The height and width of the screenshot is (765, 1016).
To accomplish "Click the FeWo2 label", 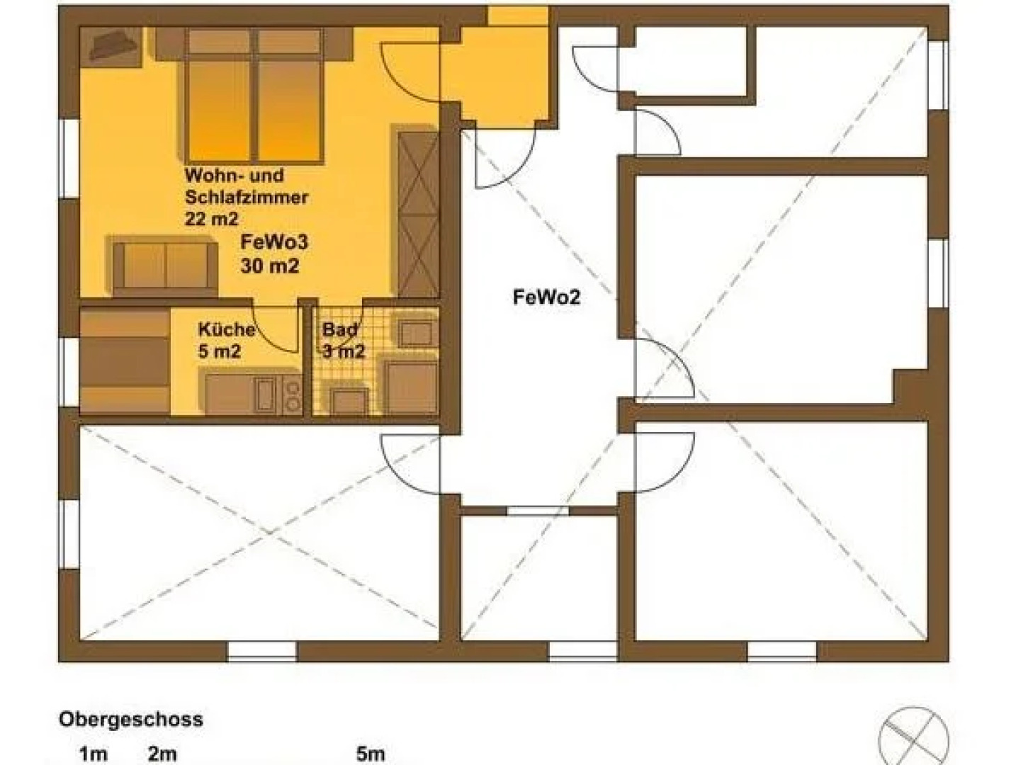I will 546,297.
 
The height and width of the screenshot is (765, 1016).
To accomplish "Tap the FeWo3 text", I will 274,242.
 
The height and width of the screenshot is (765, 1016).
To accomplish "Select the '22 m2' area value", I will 211,219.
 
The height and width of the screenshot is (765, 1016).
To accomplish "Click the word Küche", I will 226,329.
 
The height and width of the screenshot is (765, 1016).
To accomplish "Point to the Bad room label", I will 339,329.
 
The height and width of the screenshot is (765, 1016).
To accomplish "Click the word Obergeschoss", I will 131,720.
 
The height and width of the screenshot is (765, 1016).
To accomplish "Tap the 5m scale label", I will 371,754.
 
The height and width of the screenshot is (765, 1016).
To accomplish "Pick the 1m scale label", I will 94,754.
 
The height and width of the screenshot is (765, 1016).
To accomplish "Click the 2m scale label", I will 162,754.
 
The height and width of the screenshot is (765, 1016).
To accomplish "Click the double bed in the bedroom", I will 254,99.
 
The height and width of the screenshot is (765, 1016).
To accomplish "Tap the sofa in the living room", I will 164,266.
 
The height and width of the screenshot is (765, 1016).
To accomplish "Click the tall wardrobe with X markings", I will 418,212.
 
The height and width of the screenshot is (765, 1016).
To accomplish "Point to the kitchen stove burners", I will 291,395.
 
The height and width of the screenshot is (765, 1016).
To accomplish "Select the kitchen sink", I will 264,395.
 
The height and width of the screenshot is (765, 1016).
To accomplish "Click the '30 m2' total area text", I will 269,266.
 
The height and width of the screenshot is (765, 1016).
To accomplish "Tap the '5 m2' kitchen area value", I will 219,351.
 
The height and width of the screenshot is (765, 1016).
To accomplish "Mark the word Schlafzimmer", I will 246,197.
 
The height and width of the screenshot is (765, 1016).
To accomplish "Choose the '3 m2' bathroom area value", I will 344,351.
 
